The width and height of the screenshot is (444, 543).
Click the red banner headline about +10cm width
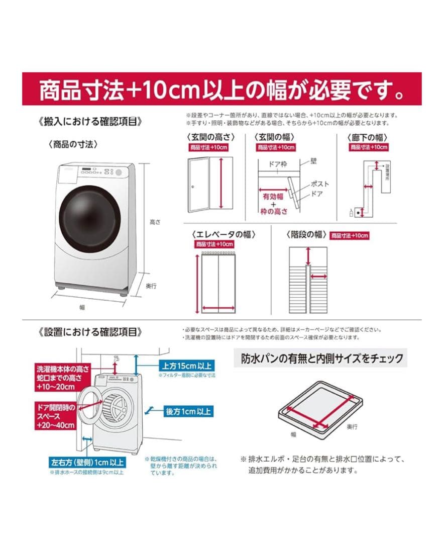[221, 89]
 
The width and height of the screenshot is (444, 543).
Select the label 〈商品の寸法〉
[73, 144]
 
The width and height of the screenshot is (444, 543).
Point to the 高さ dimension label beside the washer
[150, 222]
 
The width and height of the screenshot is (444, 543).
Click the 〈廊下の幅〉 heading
[370, 137]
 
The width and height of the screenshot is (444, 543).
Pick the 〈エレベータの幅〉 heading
[224, 234]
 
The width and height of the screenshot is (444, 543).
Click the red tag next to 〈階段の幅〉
[350, 235]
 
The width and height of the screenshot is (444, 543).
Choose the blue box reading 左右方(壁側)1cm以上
[86, 462]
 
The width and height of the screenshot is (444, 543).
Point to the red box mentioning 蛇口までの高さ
[55, 378]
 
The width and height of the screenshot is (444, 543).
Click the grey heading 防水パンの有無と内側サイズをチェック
[322, 358]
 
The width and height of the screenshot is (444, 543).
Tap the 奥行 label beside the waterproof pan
[352, 426]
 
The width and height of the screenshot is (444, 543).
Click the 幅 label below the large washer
[82, 307]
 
